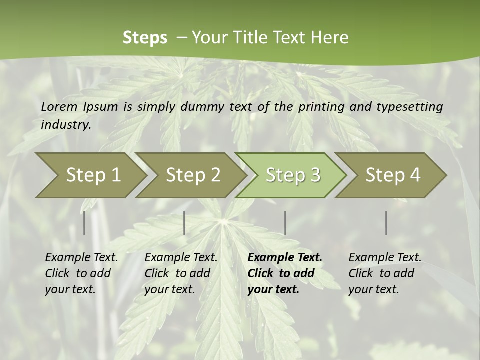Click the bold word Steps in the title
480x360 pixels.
pos(145,38)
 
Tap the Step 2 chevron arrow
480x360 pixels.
pos(193,175)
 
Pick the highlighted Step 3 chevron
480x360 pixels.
pos(293,175)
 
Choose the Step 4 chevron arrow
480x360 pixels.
pos(393,175)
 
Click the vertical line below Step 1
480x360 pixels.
pos(84,223)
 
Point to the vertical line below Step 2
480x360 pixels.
pos(184,223)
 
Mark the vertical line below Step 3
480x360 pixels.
pos(285,223)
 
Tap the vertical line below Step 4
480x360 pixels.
pos(386,223)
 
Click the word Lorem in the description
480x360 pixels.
pos(59,106)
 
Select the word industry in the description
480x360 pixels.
pos(65,124)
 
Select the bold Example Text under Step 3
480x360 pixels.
pos(285,257)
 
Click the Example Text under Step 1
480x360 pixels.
pos(81,257)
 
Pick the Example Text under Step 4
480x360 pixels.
pos(385,257)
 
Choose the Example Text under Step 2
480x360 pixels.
pos(181,257)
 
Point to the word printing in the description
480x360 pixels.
pos(320,106)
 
